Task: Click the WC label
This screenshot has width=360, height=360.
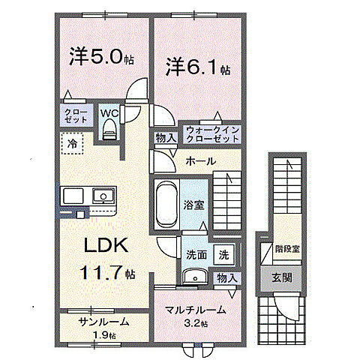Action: click(109, 113)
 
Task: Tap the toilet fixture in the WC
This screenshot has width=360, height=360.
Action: click(109, 131)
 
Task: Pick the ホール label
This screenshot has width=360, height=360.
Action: click(200, 160)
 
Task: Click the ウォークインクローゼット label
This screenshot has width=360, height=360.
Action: click(210, 133)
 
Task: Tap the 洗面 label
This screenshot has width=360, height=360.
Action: click(196, 255)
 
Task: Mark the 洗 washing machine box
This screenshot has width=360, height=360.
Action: click(224, 255)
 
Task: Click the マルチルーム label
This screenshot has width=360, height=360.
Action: click(197, 309)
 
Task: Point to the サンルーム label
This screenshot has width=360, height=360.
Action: click(104, 321)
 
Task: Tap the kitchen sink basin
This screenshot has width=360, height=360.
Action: click(100, 196)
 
